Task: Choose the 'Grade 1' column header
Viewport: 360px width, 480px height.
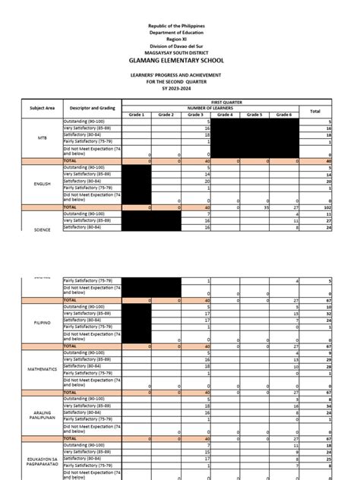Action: point(136,114)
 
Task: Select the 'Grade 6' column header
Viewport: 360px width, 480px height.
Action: point(283,114)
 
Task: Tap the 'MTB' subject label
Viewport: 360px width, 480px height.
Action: point(43,138)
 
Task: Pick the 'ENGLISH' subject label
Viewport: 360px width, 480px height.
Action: point(43,183)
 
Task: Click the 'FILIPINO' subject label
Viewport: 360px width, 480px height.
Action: point(43,323)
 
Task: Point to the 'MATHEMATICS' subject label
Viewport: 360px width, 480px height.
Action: point(43,369)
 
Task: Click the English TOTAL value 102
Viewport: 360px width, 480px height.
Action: point(327,206)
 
